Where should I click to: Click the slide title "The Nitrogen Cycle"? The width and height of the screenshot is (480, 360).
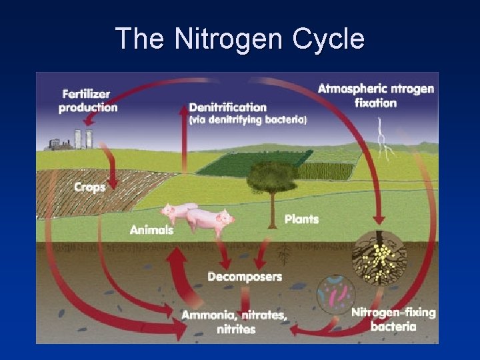(240, 38)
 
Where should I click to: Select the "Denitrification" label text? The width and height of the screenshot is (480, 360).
(227, 107)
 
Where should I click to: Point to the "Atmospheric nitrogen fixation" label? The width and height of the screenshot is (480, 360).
(375, 95)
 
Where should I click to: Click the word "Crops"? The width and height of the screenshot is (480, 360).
(89, 187)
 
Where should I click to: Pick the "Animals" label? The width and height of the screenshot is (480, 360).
(151, 230)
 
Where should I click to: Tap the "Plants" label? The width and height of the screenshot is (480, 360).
(301, 219)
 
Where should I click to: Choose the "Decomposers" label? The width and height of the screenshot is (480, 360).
(245, 276)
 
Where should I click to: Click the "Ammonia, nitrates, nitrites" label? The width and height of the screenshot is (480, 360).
(235, 321)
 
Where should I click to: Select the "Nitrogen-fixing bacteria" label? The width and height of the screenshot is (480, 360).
(393, 319)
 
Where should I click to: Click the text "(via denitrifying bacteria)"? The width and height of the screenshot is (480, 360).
(247, 120)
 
